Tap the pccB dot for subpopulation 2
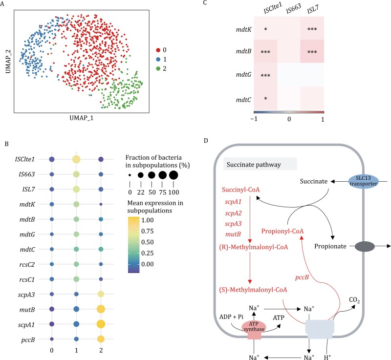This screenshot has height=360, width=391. tap(101, 339)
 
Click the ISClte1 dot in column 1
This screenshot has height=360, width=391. tap(77, 159)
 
